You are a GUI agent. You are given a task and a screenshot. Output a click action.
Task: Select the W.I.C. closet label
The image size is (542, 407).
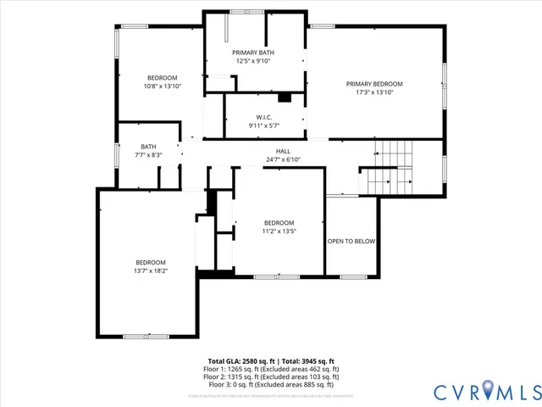tap(263, 117)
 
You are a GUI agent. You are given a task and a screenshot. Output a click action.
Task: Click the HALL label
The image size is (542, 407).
tap(283, 151)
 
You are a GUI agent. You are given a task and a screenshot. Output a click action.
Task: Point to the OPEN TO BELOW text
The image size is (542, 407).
tap(351, 241)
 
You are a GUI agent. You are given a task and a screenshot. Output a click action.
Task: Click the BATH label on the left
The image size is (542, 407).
tap(148, 146)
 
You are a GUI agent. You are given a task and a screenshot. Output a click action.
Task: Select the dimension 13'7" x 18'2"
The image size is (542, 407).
tap(151, 270)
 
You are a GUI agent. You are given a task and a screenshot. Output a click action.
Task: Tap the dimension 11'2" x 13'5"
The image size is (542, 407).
tap(279, 231)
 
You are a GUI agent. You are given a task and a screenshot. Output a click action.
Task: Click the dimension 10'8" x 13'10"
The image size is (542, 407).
tap(163, 86)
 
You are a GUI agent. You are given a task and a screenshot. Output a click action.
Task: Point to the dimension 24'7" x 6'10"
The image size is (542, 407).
tap(283, 159)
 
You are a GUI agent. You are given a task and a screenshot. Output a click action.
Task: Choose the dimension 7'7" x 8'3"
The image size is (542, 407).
tap(148, 154)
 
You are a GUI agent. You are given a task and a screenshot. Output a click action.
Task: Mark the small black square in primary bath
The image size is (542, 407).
tap(285, 98)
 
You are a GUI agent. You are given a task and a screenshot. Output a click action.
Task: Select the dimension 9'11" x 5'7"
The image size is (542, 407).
tap(263, 125)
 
